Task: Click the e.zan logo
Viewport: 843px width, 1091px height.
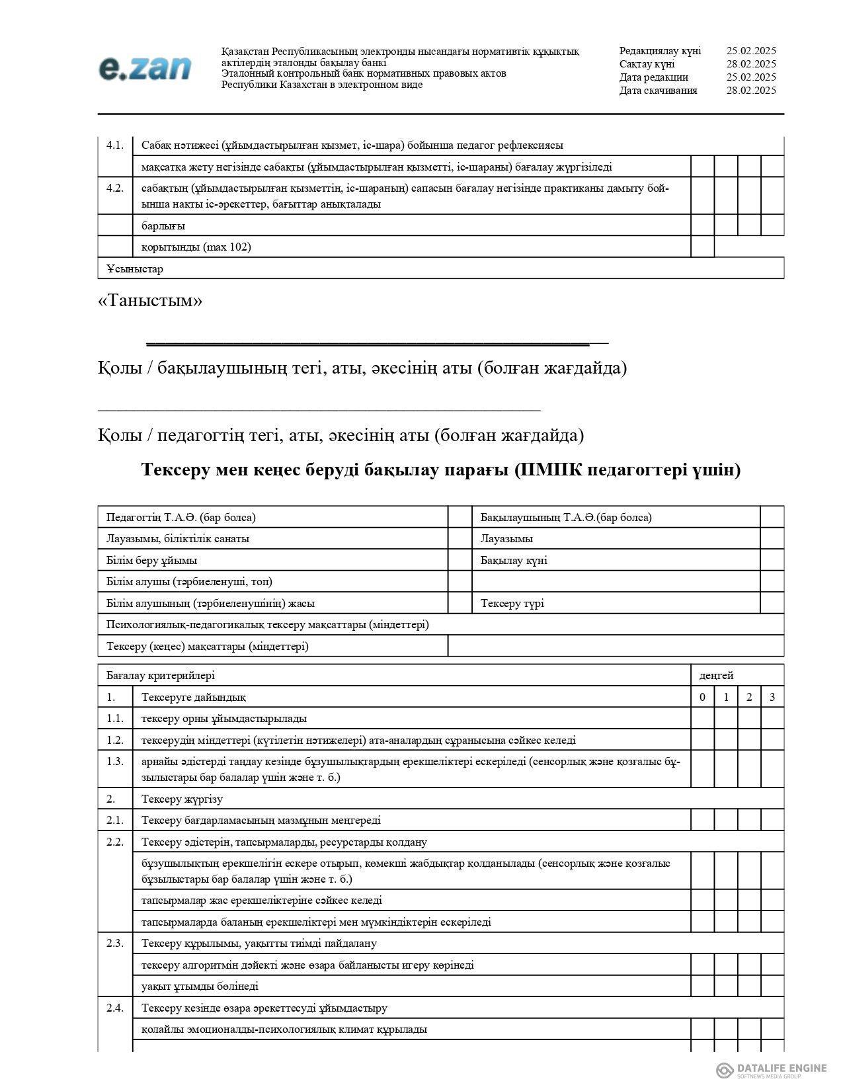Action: pos(145,68)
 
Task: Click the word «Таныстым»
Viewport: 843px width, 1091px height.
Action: pos(150,301)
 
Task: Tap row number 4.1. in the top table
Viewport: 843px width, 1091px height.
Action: pos(115,145)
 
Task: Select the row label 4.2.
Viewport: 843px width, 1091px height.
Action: pos(115,188)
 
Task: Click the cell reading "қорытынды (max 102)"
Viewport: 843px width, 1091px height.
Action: pos(196,247)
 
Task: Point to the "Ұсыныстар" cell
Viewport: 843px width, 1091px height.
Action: pos(135,268)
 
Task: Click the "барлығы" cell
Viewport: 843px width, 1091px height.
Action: pos(163,225)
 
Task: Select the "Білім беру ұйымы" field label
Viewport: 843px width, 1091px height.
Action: pos(151,560)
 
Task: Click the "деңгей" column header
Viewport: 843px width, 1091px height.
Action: pos(717,675)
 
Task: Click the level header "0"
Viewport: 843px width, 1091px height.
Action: pos(703,697)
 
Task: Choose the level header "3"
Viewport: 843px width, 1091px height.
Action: pos(772,697)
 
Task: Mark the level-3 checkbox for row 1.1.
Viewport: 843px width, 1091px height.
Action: pos(772,718)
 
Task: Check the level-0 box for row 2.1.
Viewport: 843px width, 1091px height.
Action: pos(703,820)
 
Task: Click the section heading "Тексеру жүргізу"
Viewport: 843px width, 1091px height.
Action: pos(182,799)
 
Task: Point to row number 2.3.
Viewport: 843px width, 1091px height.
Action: pos(115,943)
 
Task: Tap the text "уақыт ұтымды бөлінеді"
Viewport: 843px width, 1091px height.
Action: pos(200,986)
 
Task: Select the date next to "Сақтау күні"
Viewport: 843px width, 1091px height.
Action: pos(751,64)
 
